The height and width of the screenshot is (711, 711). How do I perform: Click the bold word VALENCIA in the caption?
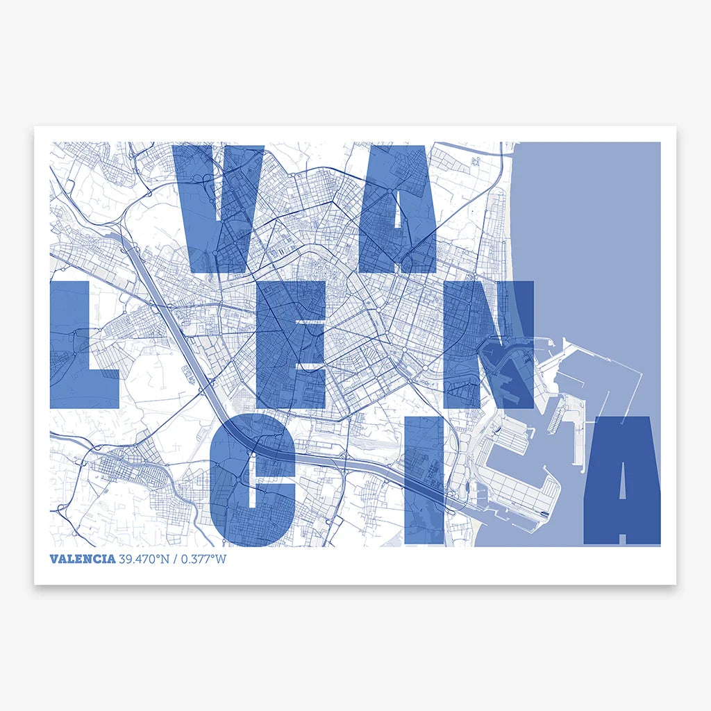click(83, 560)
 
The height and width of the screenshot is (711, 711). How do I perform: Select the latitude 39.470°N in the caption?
click(144, 560)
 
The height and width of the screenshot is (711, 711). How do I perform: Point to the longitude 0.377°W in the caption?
click(203, 560)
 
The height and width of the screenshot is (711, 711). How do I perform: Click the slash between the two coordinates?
click(176, 560)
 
